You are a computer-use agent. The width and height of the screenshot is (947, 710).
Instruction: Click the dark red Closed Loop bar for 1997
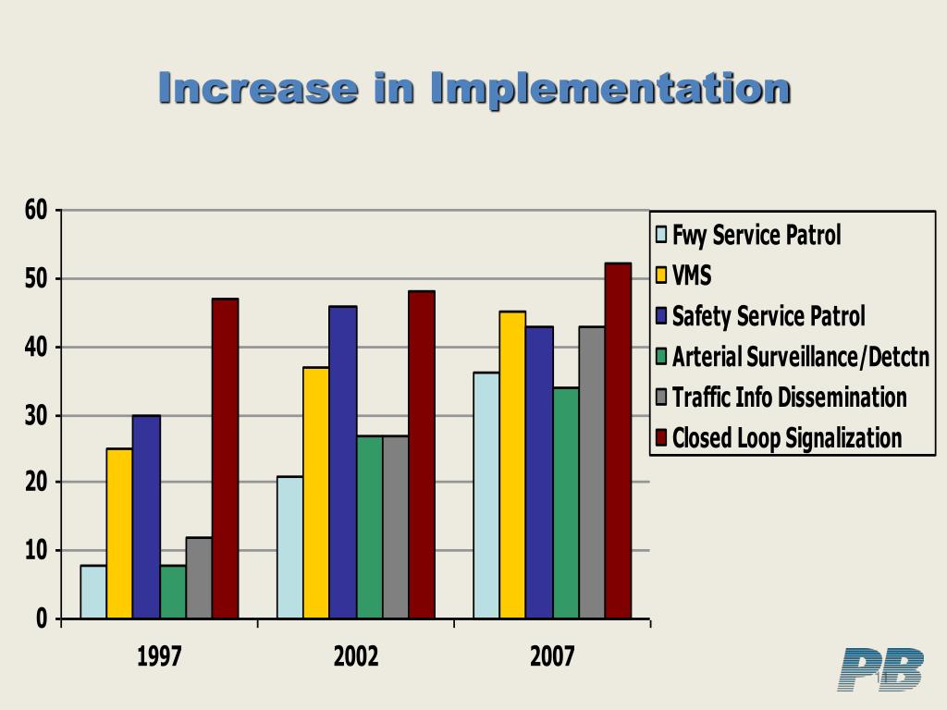coord(225,459)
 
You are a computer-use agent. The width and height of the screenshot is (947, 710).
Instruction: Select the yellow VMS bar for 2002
coord(316,493)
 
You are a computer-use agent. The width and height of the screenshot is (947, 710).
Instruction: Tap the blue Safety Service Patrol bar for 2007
coord(540,472)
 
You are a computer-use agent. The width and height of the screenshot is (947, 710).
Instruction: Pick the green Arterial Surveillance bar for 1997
coord(173,592)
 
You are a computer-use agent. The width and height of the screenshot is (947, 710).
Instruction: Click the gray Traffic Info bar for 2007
coord(592,472)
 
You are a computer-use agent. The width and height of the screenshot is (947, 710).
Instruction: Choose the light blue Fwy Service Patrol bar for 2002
coord(289,547)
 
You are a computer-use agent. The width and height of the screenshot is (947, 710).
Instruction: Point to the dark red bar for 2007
coord(618,441)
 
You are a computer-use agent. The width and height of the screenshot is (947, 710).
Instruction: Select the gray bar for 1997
coord(199,578)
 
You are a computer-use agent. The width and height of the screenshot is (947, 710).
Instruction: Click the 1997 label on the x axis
coord(159,657)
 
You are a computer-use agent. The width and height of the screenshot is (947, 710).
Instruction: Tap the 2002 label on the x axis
coord(356,657)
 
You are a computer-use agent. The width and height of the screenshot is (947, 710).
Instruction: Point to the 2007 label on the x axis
coord(552,657)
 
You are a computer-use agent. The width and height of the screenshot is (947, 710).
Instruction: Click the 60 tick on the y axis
coord(36,211)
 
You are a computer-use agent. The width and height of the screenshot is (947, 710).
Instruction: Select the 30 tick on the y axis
coord(36,416)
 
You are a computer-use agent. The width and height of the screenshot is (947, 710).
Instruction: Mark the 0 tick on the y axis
coord(42,619)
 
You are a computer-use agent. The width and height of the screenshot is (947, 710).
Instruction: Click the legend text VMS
coord(692,275)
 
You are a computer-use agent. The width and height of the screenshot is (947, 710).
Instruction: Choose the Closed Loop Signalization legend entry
coord(786,437)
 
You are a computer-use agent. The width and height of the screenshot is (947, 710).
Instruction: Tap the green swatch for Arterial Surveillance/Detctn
coord(661,356)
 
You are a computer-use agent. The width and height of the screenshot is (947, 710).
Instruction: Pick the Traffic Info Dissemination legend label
coord(789,397)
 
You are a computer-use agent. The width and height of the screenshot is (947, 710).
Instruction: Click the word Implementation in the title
coord(610,89)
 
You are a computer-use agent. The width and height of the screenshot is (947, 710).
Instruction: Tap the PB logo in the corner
coord(880,669)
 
